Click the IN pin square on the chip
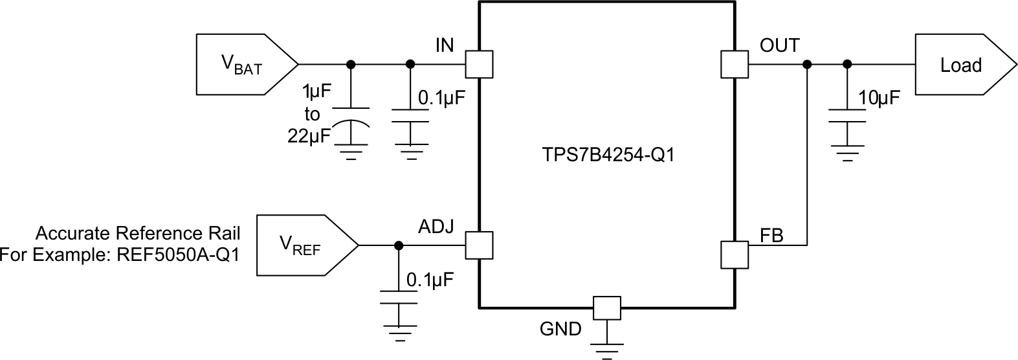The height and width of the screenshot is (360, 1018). pos(480,65)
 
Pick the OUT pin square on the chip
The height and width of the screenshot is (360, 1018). pos(734,65)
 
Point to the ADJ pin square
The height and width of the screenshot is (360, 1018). pos(480,245)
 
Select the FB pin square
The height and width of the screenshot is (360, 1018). pos(734,254)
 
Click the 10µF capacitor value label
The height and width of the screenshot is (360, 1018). pos(879,98)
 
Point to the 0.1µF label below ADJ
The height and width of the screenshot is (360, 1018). pos(430,280)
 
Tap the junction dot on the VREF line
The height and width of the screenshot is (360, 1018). pos(399,245)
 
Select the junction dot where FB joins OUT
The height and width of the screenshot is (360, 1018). pos(807,65)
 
